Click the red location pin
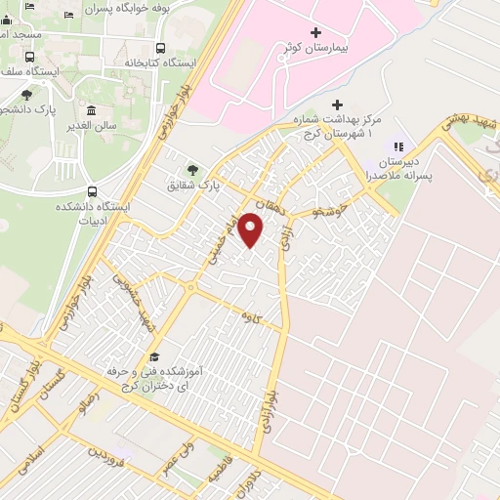click(251, 229)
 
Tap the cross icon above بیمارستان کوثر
click(315, 32)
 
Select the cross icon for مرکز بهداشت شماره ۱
click(337, 104)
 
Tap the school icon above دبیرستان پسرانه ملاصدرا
click(397, 145)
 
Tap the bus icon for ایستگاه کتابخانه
click(160, 47)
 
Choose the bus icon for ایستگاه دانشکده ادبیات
click(92, 191)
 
